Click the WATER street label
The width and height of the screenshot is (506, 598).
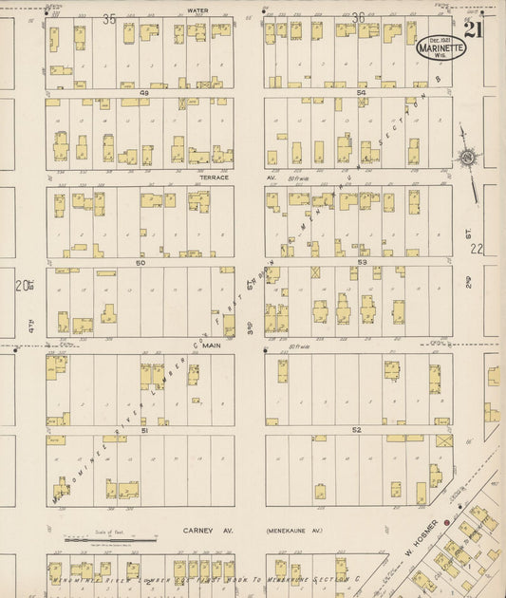[197, 10]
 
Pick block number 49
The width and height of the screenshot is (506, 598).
[144, 93]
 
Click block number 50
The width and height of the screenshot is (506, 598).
[140, 262]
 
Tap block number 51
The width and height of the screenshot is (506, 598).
[143, 430]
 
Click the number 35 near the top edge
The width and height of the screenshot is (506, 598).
[109, 18]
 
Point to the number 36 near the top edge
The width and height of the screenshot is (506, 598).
[358, 18]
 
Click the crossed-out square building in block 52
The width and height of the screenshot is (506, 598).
[443, 440]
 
